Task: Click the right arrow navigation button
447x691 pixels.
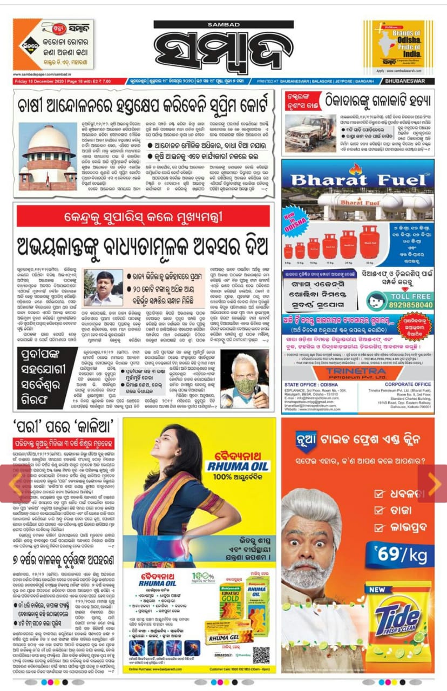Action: (x=433, y=484)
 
